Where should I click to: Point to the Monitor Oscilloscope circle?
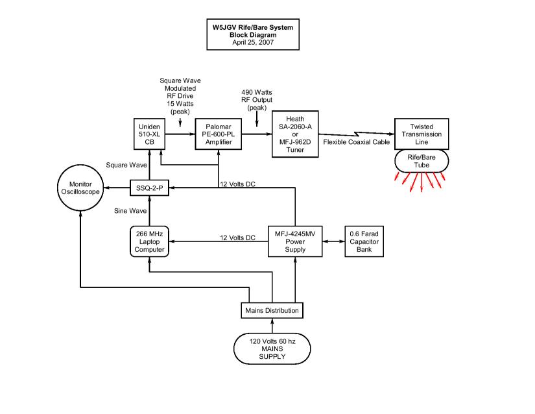pos(81,188)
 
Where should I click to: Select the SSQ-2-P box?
pos(149,188)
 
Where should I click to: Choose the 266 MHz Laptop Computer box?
pos(149,241)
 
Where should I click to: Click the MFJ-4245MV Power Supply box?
pos(296,241)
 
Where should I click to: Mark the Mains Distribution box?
pos(272,310)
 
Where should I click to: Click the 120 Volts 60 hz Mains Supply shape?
pos(272,348)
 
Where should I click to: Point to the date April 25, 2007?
pos(254,43)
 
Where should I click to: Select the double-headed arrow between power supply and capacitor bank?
pos(333,241)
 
